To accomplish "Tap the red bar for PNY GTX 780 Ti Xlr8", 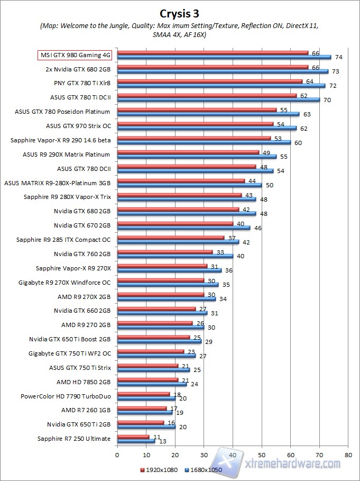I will click(x=210, y=81).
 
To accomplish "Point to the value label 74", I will click(x=339, y=57).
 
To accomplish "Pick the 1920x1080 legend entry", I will click(x=158, y=469).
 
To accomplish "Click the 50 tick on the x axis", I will click(x=261, y=455).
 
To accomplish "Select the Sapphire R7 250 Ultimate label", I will click(x=74, y=439).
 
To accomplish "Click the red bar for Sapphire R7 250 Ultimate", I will click(x=133, y=437).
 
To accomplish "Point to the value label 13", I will click(x=162, y=441).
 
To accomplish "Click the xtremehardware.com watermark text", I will click(x=293, y=463).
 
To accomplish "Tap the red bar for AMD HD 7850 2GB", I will click(x=147, y=379).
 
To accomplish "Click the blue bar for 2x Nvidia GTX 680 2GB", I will click(x=223, y=71).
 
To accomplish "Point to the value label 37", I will click(x=231, y=238).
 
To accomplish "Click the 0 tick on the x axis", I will click(x=117, y=455).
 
